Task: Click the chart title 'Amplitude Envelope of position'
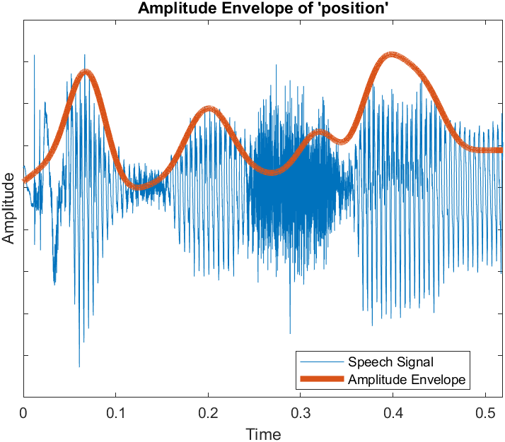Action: click(x=262, y=9)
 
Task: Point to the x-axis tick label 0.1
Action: click(x=116, y=412)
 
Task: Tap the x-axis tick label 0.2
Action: click(x=209, y=412)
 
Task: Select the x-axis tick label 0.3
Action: click(x=301, y=412)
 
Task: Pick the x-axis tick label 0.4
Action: click(x=393, y=412)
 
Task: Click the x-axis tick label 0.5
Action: click(x=485, y=412)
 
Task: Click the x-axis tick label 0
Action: click(x=24, y=412)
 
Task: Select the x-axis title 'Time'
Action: click(x=262, y=433)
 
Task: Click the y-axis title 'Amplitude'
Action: click(x=9, y=208)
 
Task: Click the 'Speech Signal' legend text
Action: click(x=385, y=362)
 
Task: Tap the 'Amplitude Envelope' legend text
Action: click(x=407, y=379)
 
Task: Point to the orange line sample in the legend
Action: click(x=322, y=379)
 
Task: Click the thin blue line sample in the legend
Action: click(x=322, y=362)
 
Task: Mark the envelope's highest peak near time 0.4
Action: click(x=391, y=55)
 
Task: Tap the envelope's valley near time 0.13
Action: click(x=141, y=186)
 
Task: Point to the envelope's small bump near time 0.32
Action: click(x=321, y=131)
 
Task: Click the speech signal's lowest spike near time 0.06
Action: click(x=79, y=366)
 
